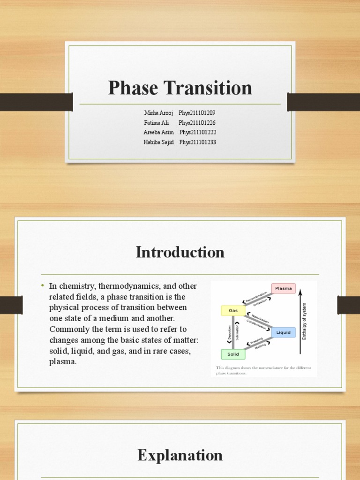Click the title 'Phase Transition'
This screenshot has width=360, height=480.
pos(180,88)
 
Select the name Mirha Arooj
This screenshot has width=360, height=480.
pos(158,113)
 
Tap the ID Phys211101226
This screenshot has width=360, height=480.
pos(197,123)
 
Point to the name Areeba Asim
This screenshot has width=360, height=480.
pos(158,133)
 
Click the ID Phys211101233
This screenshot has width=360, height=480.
pos(197,142)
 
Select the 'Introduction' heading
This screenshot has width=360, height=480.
pos(180,252)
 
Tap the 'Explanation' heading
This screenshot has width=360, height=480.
pos(180,455)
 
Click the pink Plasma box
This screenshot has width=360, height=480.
pos(284,288)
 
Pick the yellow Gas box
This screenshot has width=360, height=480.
pos(233,310)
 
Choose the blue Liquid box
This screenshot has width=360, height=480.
pos(283,332)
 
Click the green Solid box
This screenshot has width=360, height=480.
pos(233,354)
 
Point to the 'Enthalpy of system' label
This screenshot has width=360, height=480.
pos(304,321)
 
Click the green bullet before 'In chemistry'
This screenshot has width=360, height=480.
pos(42,286)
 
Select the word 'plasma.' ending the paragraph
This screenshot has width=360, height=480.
pos(63,361)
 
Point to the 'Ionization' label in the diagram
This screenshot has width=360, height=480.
pos(260,302)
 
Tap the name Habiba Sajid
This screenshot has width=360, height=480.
pos(159,142)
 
